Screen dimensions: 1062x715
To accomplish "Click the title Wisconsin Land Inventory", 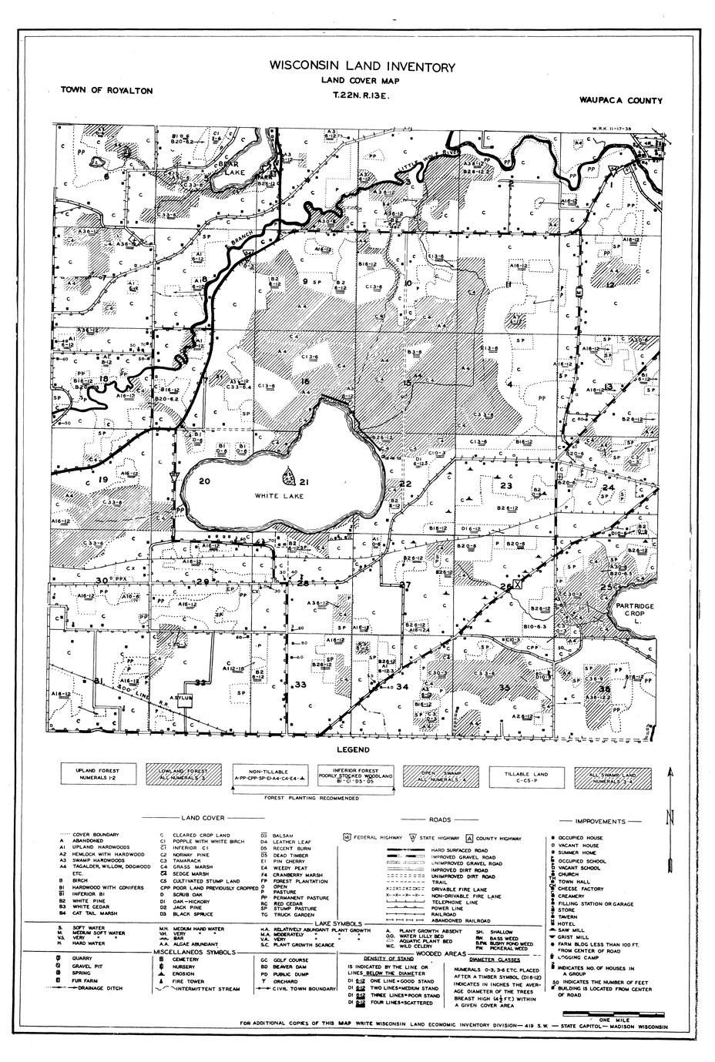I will click(x=361, y=68).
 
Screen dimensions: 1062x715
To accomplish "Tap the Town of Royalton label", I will click(x=106, y=91).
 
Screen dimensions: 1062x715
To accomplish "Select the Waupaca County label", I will click(x=623, y=100).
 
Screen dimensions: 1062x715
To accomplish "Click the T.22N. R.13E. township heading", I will click(x=361, y=98).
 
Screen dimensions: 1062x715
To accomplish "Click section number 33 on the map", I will click(x=300, y=685).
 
